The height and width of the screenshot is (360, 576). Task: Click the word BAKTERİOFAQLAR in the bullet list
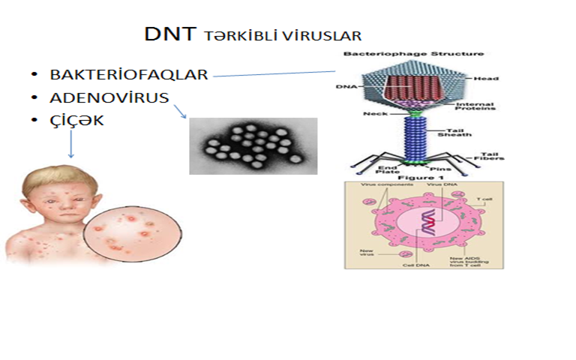click(x=128, y=75)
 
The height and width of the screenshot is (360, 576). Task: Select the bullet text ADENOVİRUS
click(x=109, y=97)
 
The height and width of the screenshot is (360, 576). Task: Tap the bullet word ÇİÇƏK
click(x=77, y=120)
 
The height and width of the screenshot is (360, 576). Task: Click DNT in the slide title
click(x=170, y=34)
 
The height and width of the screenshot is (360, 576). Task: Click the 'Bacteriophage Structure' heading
click(x=413, y=54)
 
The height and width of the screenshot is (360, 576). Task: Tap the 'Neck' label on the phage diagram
click(x=376, y=114)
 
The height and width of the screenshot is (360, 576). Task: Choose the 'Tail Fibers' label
click(x=488, y=156)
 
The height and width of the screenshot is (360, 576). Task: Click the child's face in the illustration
click(x=46, y=201)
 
